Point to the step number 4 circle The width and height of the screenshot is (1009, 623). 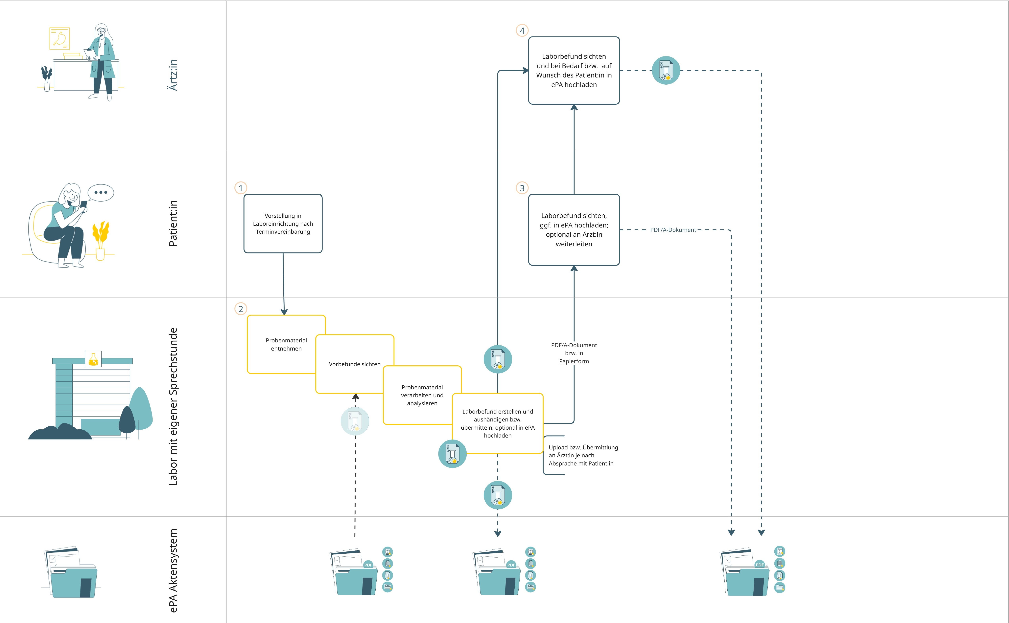tap(522, 31)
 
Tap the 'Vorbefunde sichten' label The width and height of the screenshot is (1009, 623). tap(355, 364)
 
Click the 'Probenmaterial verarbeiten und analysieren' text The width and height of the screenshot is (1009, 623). tap(422, 395)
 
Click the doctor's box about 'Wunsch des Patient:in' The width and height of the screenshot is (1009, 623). tap(574, 71)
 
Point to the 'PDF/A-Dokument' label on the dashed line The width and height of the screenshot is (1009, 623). tap(673, 230)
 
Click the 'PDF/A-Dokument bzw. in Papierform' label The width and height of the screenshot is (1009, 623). tap(574, 353)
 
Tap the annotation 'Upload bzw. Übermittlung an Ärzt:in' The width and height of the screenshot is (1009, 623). tap(583, 455)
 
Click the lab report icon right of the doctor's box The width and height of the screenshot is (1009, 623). tap(666, 71)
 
